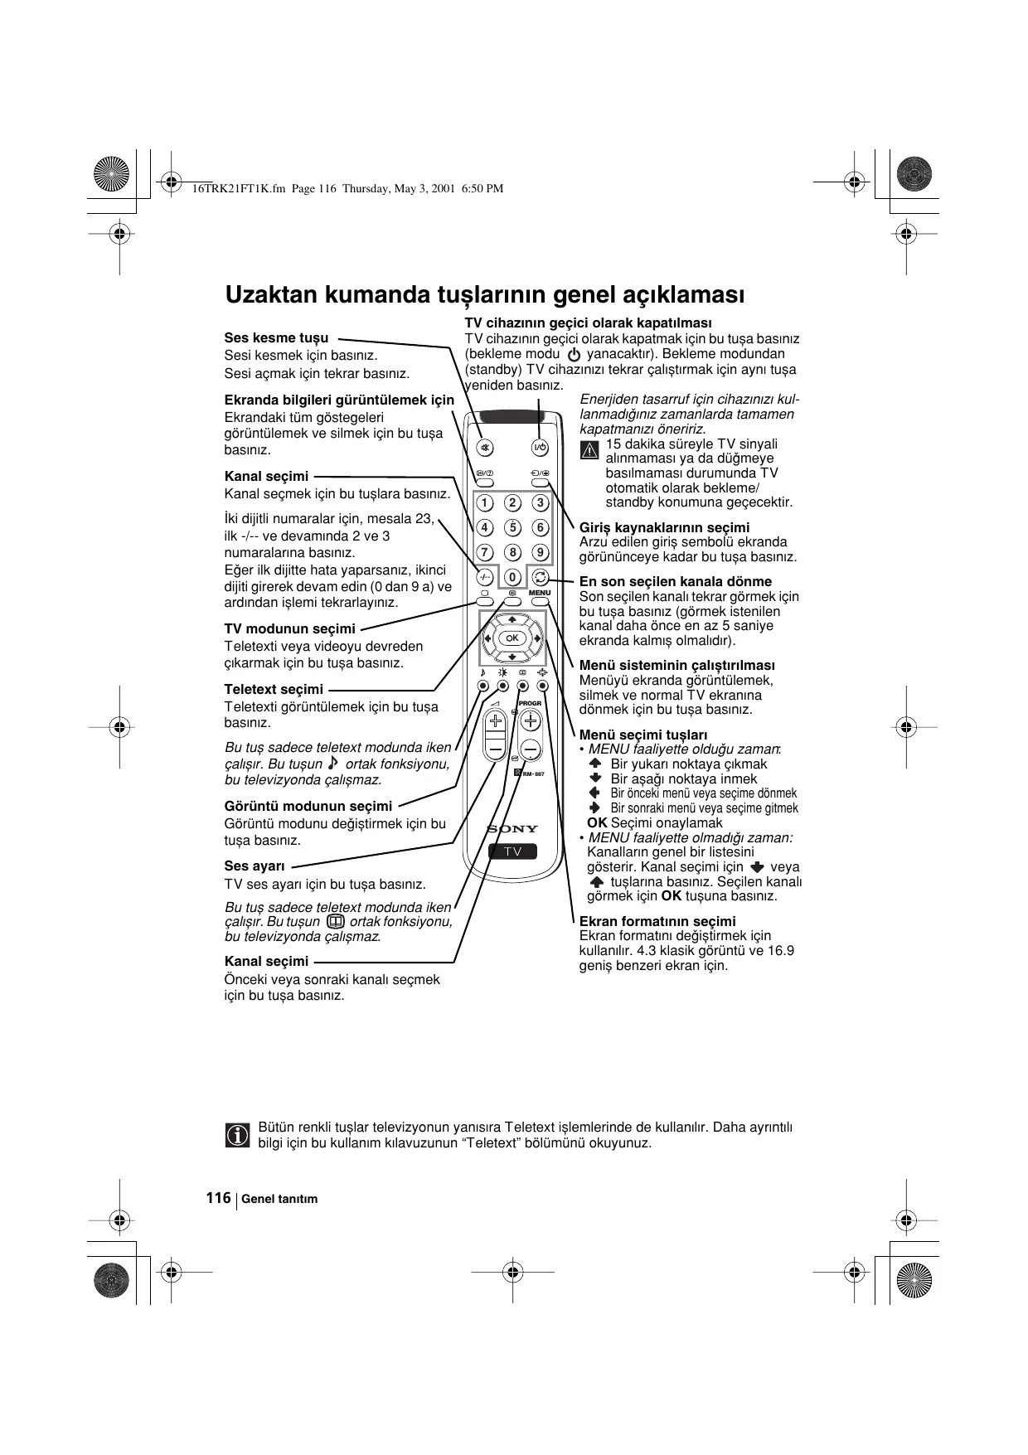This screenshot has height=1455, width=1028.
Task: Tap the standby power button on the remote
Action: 539,449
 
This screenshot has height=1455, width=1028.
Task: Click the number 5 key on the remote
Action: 512,527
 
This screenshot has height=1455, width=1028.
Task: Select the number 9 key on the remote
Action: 540,552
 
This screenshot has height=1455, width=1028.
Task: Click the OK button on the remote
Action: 512,638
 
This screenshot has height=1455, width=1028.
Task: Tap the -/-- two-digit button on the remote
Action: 485,577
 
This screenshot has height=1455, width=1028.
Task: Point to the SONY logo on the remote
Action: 512,828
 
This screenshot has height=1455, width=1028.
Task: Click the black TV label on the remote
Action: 512,851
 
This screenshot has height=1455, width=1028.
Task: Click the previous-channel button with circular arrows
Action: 540,577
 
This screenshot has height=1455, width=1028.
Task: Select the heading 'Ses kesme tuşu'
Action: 276,338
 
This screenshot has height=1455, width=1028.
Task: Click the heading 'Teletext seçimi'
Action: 274,690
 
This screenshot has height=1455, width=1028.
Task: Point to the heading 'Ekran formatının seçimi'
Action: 657,921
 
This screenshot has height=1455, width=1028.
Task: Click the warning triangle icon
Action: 589,451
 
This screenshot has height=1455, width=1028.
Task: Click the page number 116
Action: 218,1198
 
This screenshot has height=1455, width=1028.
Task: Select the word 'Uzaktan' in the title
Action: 270,295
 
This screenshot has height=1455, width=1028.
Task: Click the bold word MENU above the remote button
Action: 540,593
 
